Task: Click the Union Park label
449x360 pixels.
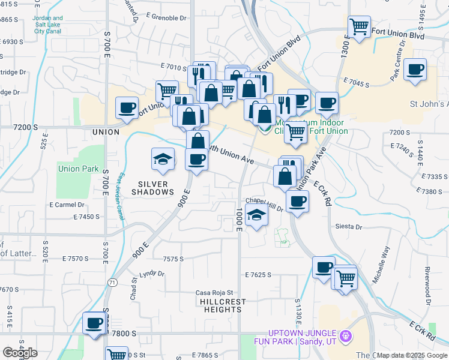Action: click(x=78, y=169)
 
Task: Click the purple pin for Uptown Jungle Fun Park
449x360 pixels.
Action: click(x=345, y=337)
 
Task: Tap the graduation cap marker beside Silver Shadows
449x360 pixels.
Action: click(x=163, y=158)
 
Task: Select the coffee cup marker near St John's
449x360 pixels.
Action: click(x=415, y=70)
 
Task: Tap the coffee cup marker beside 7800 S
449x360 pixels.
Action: click(x=94, y=323)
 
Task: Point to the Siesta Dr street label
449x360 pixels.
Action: click(x=350, y=227)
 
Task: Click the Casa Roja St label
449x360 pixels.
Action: click(x=214, y=293)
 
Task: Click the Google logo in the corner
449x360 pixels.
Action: click(x=20, y=352)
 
